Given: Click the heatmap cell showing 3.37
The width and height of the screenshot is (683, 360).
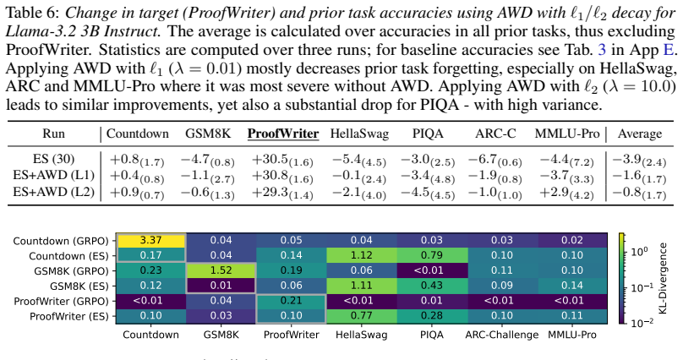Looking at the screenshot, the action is pyautogui.click(x=151, y=240).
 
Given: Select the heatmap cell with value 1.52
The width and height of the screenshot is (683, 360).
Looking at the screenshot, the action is pyautogui.click(x=221, y=270).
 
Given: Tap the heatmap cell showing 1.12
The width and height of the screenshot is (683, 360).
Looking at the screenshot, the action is pyautogui.click(x=362, y=255).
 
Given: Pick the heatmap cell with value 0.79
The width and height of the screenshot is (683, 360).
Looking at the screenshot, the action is pyautogui.click(x=432, y=255).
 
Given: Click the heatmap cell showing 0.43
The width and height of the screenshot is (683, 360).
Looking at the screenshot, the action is pyautogui.click(x=432, y=286).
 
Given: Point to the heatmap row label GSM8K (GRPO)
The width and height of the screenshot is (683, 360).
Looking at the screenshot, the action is pyautogui.click(x=72, y=270).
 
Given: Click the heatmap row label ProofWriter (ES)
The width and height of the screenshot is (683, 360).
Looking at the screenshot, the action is pyautogui.click(x=68, y=316).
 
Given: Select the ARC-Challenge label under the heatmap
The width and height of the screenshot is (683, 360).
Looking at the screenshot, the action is pyautogui.click(x=502, y=335).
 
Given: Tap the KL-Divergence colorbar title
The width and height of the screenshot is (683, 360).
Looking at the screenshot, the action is pyautogui.click(x=663, y=278).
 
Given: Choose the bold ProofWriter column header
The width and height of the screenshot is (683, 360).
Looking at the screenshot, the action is pyautogui.click(x=283, y=134).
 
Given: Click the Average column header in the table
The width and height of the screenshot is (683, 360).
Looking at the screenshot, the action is pyautogui.click(x=639, y=134).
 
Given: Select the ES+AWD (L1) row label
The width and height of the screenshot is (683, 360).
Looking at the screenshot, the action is pyautogui.click(x=53, y=175).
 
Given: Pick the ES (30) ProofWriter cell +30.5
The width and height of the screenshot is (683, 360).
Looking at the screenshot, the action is pyautogui.click(x=282, y=160).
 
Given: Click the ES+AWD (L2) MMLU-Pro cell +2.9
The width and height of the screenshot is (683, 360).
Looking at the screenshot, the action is pyautogui.click(x=566, y=192).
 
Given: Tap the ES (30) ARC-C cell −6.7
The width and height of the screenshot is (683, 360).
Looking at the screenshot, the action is pyautogui.click(x=494, y=160).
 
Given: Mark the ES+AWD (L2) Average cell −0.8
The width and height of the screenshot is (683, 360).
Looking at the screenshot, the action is pyautogui.click(x=639, y=192).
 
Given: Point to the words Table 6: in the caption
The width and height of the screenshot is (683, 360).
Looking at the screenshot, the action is pyautogui.click(x=32, y=13).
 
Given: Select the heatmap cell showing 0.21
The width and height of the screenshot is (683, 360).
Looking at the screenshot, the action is pyautogui.click(x=292, y=301).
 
